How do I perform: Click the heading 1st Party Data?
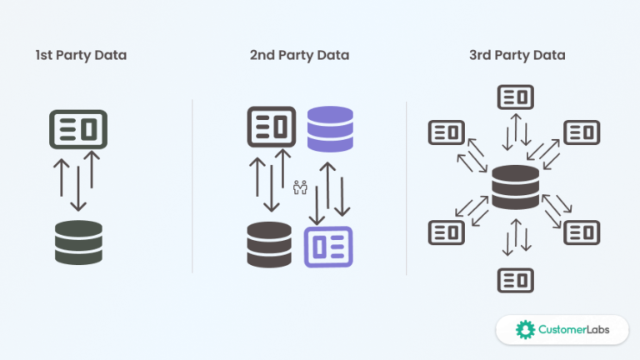coord(81,56)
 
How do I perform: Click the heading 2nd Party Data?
coord(299,56)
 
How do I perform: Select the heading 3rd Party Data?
coord(517,56)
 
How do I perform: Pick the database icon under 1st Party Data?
coord(78,242)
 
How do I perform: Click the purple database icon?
coord(331,128)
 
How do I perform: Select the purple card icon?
coord(328,246)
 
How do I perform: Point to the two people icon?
coord(300,187)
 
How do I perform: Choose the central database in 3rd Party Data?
coord(515,187)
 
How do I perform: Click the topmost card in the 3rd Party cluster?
coord(515,97)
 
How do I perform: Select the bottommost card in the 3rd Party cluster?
coord(515,280)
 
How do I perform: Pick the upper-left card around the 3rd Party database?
coord(446,132)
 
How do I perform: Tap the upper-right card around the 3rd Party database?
coord(582,132)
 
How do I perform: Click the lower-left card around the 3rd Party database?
coord(446,232)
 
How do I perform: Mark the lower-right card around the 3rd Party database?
coord(582,232)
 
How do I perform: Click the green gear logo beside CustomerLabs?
coord(525,329)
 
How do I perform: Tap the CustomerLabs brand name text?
coord(574,329)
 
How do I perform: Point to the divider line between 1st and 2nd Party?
coord(192,187)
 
